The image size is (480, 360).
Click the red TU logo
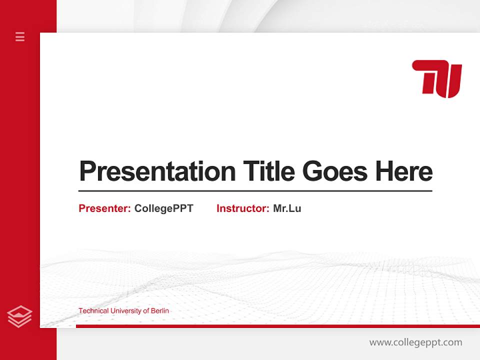[x=436, y=78]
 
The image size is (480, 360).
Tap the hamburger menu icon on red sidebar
[x=20, y=36]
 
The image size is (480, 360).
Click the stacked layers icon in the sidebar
[x=20, y=316]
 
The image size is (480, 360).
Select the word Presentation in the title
[x=157, y=171]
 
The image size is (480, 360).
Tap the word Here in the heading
[x=404, y=171]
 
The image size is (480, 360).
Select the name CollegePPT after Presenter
[x=163, y=208]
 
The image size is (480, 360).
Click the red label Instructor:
[x=243, y=208]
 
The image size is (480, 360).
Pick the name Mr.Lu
[x=287, y=208]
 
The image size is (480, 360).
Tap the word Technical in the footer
[x=93, y=311]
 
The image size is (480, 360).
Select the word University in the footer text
[x=126, y=311]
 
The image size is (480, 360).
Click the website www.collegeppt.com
[x=415, y=342]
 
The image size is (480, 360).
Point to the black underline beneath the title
[x=255, y=191]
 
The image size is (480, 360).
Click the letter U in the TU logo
[x=450, y=80]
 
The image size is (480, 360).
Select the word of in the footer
[x=146, y=311]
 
